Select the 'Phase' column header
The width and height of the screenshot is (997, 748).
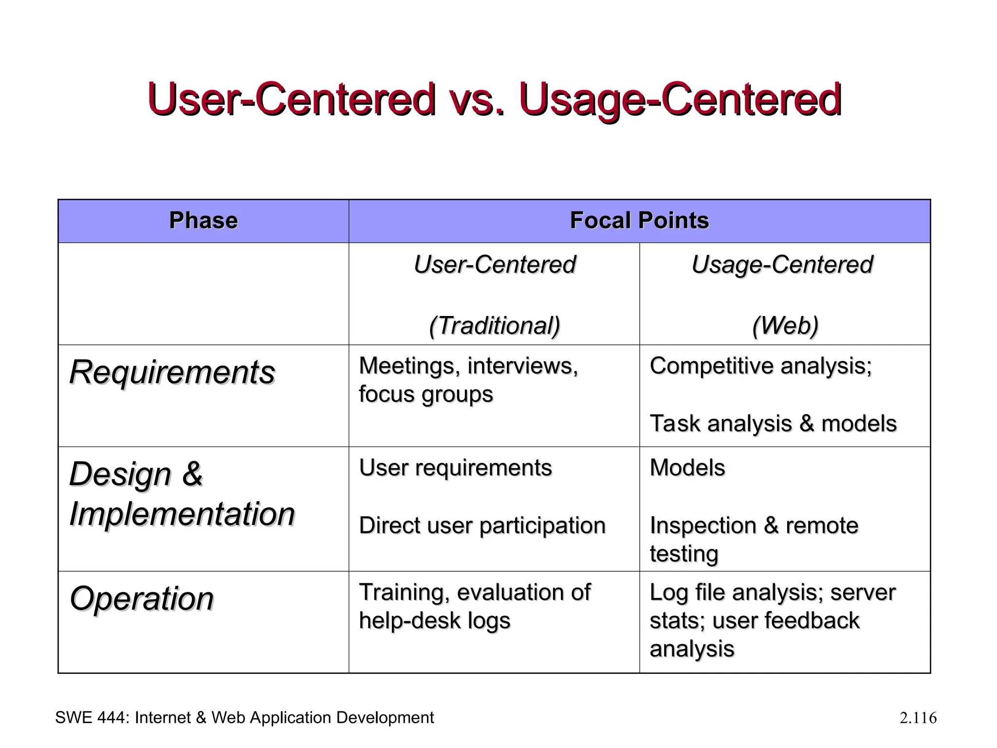point(203,221)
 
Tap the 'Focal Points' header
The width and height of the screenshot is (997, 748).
point(639,221)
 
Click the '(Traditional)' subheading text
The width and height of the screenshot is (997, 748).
point(494,325)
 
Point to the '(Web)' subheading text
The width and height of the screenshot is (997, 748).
point(785,325)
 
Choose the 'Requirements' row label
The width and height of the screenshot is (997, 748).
point(172,373)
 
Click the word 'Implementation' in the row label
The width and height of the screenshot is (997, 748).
point(182,514)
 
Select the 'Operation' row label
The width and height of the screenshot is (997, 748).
point(142,598)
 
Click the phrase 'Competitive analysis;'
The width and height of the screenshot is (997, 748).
point(760,366)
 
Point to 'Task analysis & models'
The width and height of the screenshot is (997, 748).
point(773,423)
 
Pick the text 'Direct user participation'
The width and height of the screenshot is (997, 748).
point(482,525)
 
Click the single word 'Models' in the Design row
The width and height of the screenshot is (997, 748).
point(687,467)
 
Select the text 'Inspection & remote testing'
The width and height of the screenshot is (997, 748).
point(754,539)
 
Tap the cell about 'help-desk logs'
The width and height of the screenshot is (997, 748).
point(474,607)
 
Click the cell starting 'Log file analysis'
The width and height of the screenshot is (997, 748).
point(772,620)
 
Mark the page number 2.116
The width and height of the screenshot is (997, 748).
point(918,718)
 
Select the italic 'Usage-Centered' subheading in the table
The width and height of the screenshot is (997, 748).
point(782,265)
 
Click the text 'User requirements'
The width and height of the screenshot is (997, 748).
point(455,467)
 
